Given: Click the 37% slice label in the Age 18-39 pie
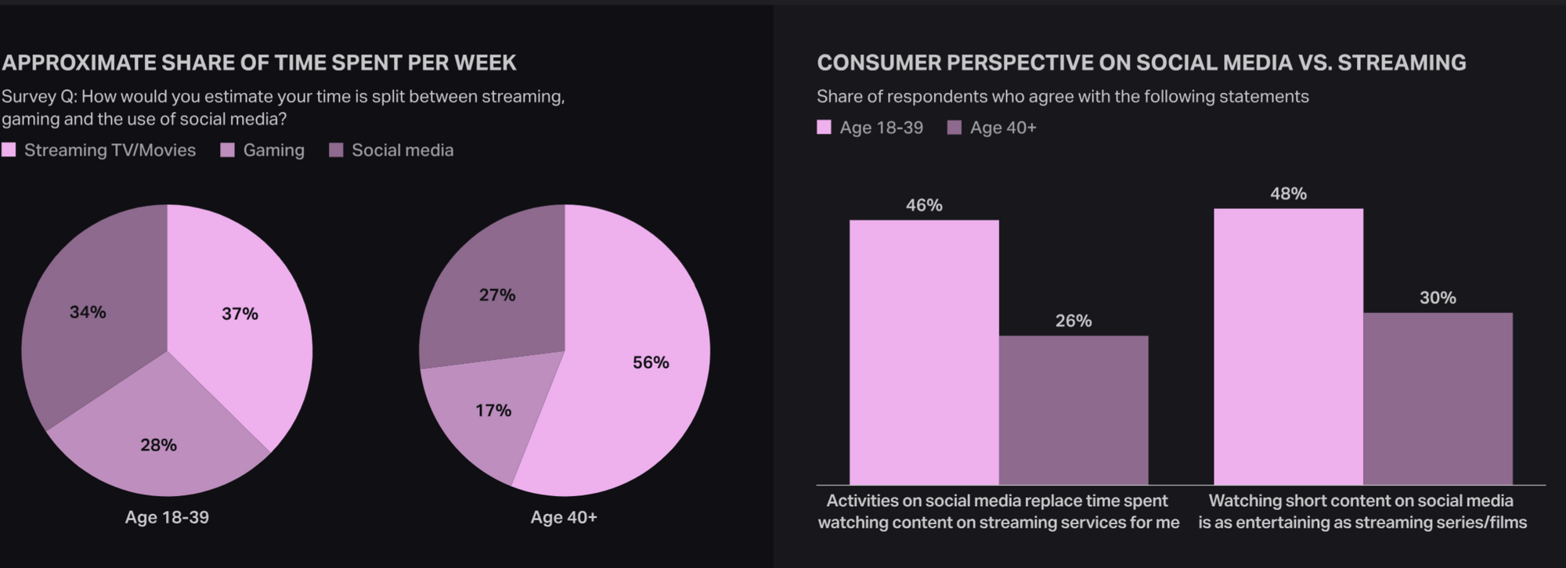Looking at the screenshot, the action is (x=240, y=314).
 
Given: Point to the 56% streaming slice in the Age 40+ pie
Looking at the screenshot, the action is (x=626, y=360).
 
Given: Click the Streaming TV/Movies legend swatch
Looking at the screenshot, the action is (x=9, y=150).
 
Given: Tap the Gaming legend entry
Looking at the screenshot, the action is (x=262, y=150).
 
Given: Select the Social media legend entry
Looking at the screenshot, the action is (x=391, y=150).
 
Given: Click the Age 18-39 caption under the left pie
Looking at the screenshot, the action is (x=167, y=517).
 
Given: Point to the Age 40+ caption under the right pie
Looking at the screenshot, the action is (x=564, y=517).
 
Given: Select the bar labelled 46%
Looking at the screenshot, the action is (x=924, y=352).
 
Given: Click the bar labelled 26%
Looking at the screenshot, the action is (x=1073, y=411).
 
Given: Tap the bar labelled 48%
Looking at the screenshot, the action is (x=1288, y=347).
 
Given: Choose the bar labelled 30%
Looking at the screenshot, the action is (x=1438, y=399).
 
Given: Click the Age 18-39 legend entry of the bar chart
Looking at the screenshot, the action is (x=870, y=128).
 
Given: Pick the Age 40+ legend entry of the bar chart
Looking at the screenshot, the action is (x=991, y=128).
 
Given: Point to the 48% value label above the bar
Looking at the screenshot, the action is (x=1288, y=193).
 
